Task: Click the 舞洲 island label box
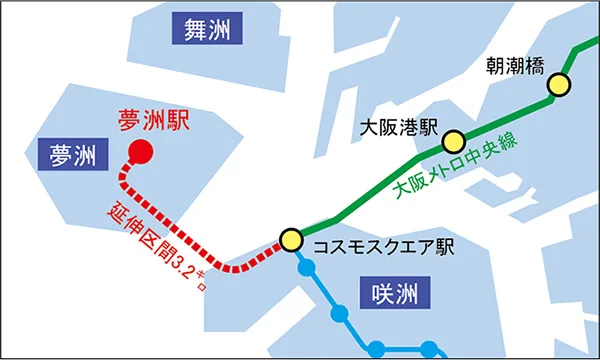pos(207,30)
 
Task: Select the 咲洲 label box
pos(392,294)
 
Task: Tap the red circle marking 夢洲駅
pos(140,152)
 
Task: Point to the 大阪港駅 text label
pos(400,128)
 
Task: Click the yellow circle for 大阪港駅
pos(455,141)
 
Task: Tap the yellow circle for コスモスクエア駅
pos(291,239)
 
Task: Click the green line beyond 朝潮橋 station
pos(579,58)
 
